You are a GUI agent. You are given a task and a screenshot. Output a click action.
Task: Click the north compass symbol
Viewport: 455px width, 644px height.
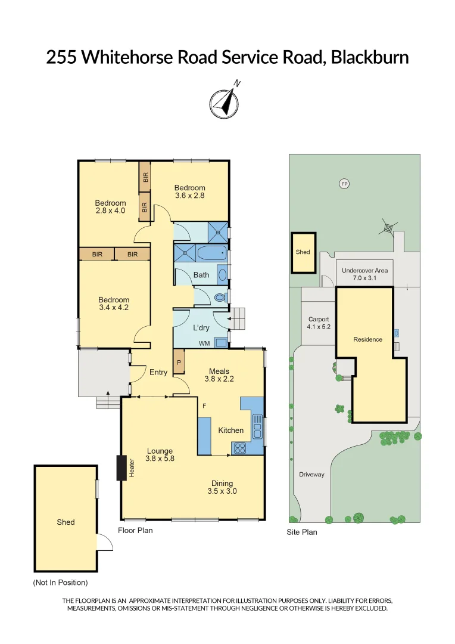point(224,101)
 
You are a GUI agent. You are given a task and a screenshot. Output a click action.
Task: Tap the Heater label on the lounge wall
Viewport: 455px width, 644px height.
point(132,468)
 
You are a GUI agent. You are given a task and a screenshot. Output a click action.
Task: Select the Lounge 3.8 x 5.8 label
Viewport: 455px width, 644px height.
point(160,455)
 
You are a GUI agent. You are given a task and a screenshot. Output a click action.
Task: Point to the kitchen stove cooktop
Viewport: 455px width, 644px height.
point(239,448)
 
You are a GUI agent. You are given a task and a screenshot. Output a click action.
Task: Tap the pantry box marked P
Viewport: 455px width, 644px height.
point(178,361)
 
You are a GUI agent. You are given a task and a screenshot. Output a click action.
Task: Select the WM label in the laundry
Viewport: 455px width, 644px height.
point(204,343)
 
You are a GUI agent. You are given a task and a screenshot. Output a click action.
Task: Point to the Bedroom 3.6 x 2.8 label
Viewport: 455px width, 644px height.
point(189,191)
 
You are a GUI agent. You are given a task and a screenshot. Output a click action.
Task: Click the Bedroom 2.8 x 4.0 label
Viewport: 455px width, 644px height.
point(110,206)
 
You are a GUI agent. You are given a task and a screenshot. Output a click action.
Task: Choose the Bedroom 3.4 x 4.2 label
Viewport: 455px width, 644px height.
point(114,304)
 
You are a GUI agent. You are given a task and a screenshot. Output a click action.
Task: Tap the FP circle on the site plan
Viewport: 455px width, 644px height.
point(344,184)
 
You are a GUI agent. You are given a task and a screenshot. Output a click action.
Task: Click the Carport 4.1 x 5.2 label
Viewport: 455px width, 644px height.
point(317,323)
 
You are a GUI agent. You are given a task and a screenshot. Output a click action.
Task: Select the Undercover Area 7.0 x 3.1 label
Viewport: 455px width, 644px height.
point(364,274)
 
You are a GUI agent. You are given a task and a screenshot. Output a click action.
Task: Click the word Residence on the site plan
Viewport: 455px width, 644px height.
point(367,339)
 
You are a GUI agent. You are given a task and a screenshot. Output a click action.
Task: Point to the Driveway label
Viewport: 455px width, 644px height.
point(311,475)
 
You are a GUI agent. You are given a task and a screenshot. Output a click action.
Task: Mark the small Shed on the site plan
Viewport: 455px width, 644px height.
point(303,252)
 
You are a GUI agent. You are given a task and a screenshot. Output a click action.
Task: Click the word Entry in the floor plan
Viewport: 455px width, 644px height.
point(158,372)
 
